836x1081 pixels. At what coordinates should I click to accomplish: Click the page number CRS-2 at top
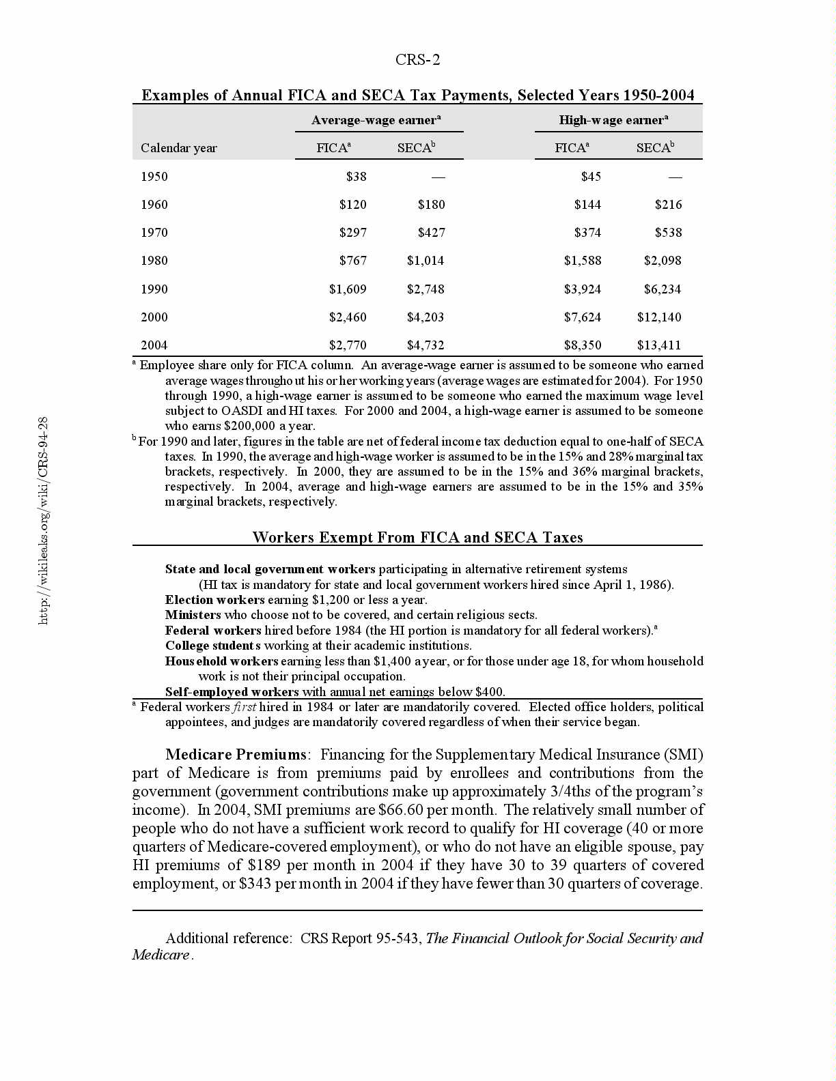pyautogui.click(x=417, y=60)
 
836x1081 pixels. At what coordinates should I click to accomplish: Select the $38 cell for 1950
pyautogui.click(x=356, y=177)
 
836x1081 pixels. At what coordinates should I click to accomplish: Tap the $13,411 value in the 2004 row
pyautogui.click(x=658, y=345)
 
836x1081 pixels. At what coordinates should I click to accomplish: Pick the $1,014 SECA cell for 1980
pyautogui.click(x=426, y=261)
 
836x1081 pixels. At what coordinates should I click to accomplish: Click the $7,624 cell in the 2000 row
pyautogui.click(x=582, y=317)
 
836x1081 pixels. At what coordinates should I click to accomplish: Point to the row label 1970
pyautogui.click(x=154, y=233)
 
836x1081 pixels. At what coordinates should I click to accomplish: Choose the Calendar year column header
pyautogui.click(x=179, y=148)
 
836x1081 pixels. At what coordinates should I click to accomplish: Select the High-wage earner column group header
pyautogui.click(x=613, y=120)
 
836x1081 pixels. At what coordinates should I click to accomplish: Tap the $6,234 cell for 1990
pyautogui.click(x=662, y=289)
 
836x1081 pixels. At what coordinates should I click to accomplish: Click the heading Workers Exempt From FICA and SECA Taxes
pyautogui.click(x=417, y=537)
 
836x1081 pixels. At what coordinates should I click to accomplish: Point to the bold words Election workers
pyautogui.click(x=214, y=600)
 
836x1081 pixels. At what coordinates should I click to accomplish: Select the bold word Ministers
pyautogui.click(x=193, y=615)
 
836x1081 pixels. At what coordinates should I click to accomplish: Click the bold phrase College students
pyautogui.click(x=213, y=646)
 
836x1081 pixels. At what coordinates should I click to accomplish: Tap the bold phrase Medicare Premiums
pyautogui.click(x=236, y=755)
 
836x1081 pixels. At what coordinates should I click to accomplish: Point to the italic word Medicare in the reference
pyautogui.click(x=161, y=955)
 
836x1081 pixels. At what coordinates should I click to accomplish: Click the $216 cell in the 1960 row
pyautogui.click(x=668, y=205)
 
